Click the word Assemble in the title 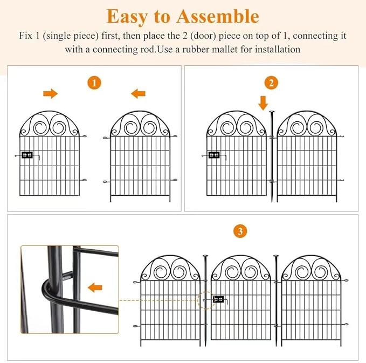pos(219,16)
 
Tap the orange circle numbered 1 pos(94,83)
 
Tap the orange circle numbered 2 pos(271,83)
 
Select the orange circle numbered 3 pos(240,231)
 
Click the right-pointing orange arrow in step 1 pos(51,94)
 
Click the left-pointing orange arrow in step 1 pos(138,94)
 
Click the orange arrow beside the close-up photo pos(95,286)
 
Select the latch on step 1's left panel pos(27,155)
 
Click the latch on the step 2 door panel pos(213,155)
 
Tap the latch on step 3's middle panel pos(219,299)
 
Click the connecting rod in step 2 pos(272,156)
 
